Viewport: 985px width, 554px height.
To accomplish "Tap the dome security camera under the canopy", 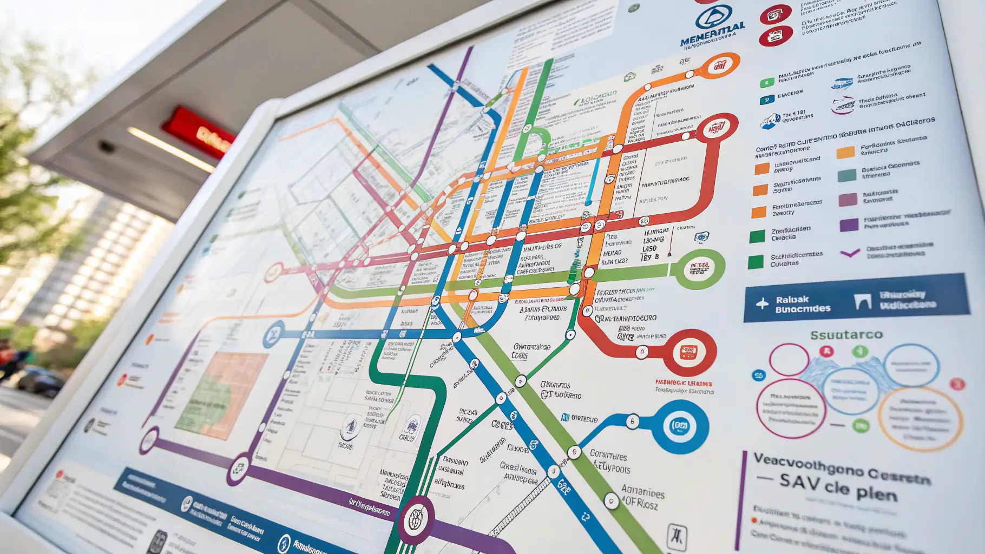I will point(106,146).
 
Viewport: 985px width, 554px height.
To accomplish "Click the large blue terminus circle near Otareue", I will point(679,426).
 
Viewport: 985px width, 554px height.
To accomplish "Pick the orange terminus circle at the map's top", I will point(719,66).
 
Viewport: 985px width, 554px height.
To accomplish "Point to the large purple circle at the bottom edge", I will point(415,519).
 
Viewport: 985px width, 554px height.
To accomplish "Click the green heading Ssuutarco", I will point(846,335).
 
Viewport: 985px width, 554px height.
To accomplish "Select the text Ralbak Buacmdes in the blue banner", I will point(802,304).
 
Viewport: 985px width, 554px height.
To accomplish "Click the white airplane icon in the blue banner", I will point(762,304).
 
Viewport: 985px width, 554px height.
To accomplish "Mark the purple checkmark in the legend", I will point(850,252).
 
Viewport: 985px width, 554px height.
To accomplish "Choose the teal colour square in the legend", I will point(846,175).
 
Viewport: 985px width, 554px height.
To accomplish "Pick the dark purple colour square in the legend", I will point(849,224).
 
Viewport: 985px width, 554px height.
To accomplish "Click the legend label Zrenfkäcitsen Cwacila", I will point(790,233).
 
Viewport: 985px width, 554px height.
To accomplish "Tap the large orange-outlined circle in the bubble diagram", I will point(920,418).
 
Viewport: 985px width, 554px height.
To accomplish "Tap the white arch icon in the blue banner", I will point(862,301).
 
